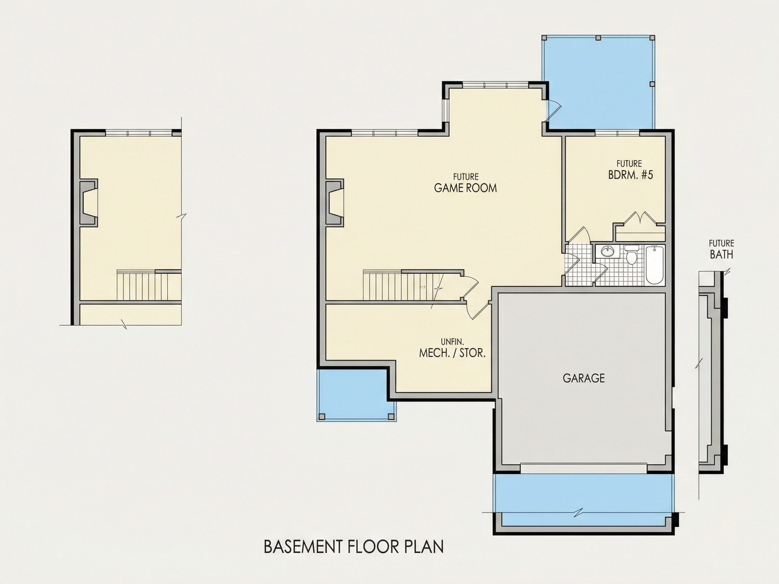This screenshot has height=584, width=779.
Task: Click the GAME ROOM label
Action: click(x=465, y=188)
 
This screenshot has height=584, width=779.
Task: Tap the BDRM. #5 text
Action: click(x=630, y=175)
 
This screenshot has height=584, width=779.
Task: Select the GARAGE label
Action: click(x=584, y=378)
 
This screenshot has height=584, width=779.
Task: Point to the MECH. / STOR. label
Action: click(x=452, y=353)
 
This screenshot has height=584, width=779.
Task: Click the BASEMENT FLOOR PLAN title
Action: click(x=354, y=547)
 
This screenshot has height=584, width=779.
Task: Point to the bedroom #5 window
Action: click(x=617, y=133)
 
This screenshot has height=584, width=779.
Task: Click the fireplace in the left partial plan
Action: click(x=88, y=202)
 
